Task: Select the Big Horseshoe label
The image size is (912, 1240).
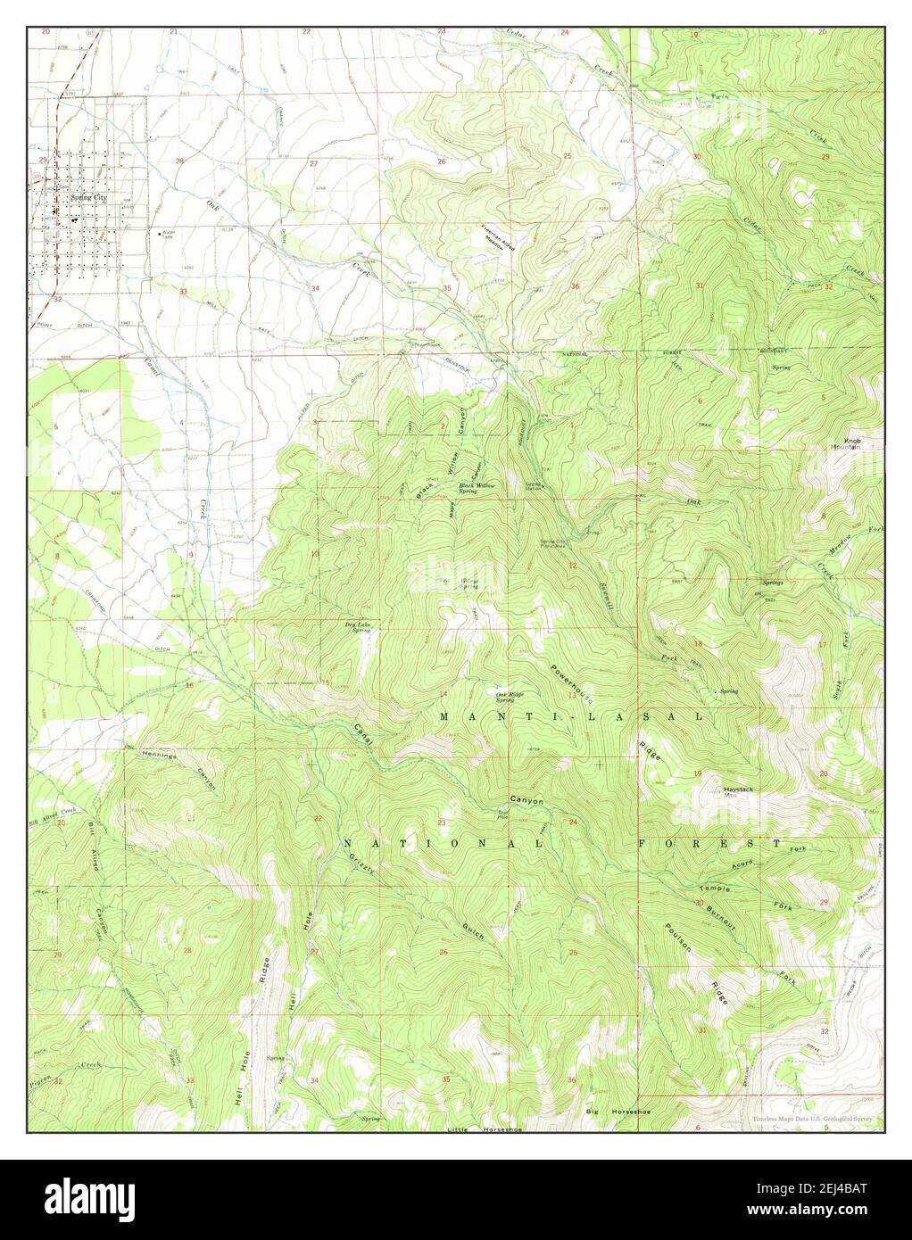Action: tap(615, 1112)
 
